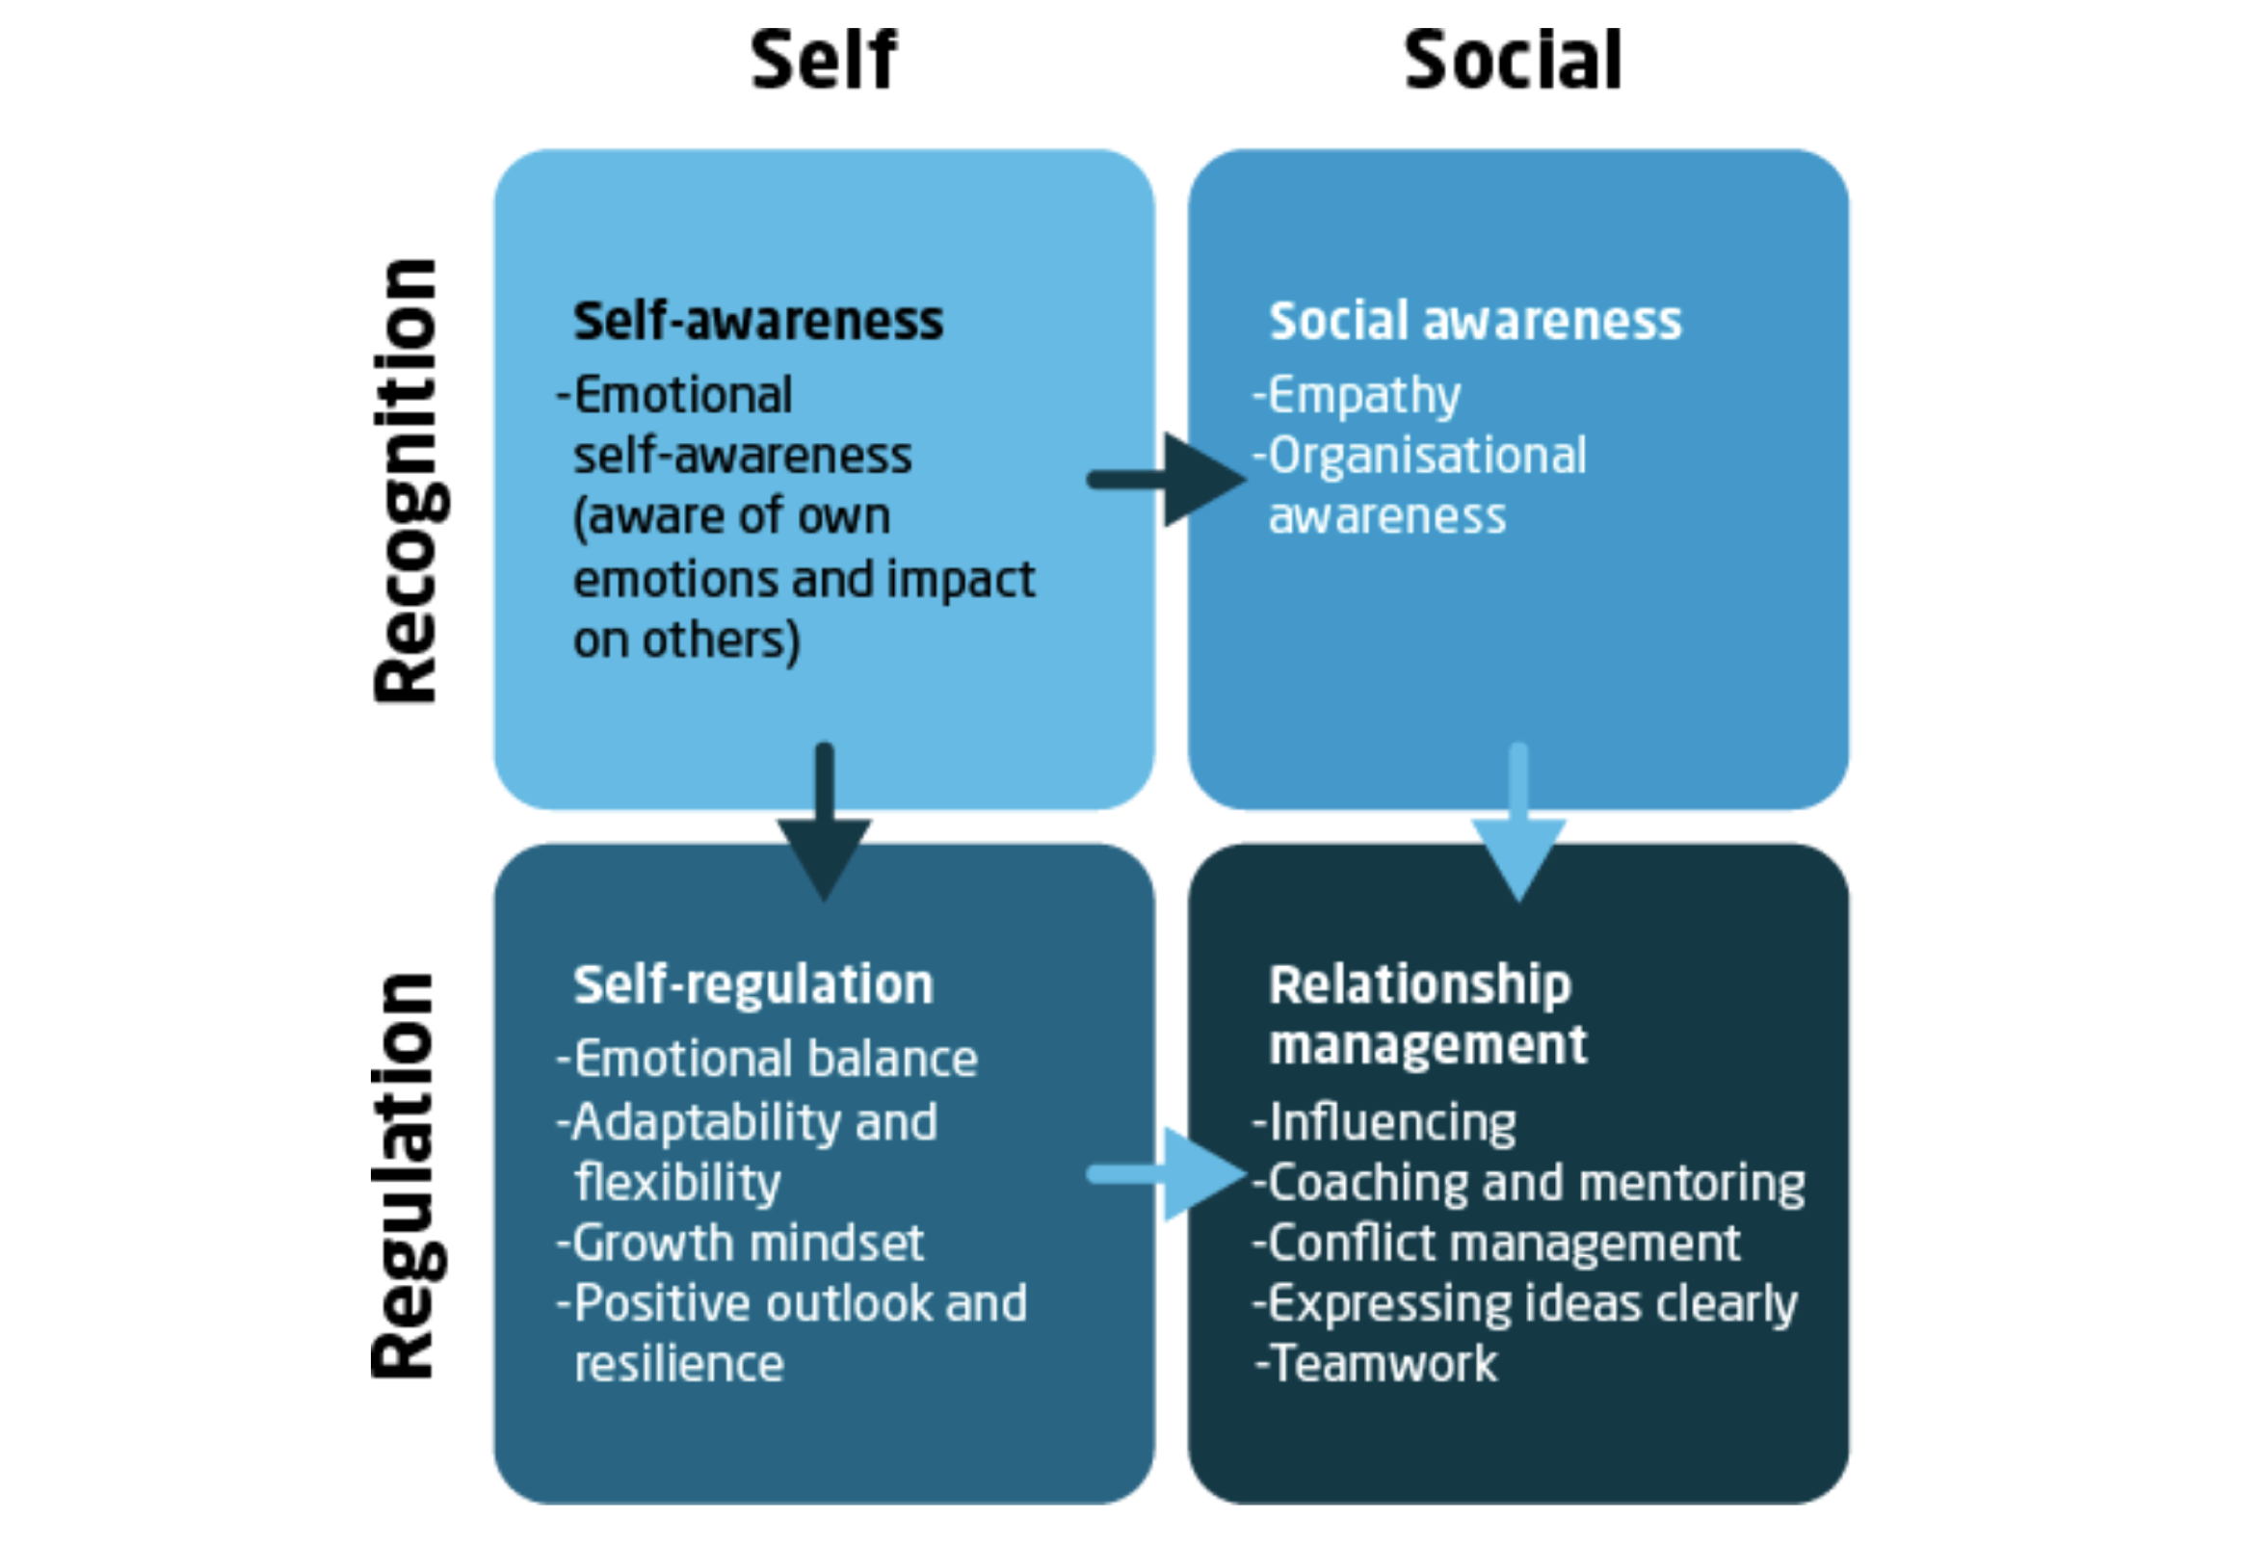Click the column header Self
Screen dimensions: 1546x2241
[x=824, y=60]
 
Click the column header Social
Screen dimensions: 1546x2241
[x=1513, y=60]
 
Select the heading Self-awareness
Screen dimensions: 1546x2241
[x=757, y=321]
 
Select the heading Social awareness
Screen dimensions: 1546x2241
[x=1475, y=321]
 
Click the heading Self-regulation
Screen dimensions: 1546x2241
[x=752, y=985]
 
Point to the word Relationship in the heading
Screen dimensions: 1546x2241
[x=1419, y=985]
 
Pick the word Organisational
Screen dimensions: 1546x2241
[x=1426, y=456]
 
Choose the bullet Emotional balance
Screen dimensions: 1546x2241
[x=773, y=1058]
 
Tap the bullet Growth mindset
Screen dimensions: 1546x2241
[x=746, y=1243]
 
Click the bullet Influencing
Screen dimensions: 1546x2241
[x=1390, y=1122]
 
